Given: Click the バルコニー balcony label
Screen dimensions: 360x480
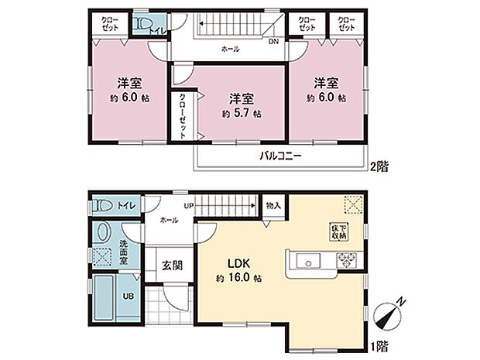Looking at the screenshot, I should (x=279, y=156).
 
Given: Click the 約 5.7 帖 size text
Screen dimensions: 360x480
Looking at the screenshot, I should (x=241, y=113).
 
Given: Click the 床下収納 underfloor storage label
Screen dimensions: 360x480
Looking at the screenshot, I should (x=340, y=231).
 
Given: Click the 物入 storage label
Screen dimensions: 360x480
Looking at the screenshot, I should (x=273, y=206).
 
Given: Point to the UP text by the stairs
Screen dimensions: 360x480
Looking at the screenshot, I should (x=187, y=205).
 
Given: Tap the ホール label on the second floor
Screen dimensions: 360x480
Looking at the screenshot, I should (x=230, y=50).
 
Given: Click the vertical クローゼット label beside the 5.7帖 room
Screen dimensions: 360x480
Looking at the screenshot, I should (x=182, y=115).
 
